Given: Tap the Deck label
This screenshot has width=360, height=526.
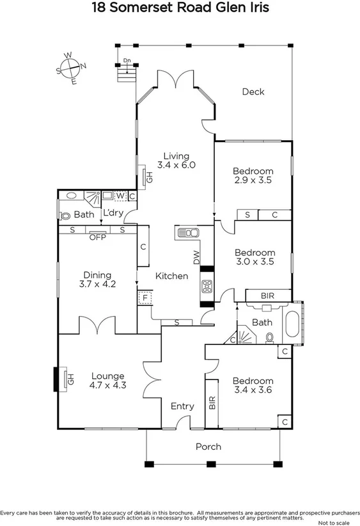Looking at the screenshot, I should [x=253, y=92].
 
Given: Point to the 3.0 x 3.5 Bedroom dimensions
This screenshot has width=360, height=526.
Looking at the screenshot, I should [x=254, y=262].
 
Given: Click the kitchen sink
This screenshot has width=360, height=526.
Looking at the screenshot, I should [x=186, y=233].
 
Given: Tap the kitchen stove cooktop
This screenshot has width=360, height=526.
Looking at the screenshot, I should [x=207, y=287].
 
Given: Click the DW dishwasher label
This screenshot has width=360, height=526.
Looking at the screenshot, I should [x=197, y=257].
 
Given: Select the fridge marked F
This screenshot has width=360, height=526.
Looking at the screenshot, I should [x=145, y=298].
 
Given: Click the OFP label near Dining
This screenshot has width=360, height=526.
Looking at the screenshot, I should [x=97, y=237].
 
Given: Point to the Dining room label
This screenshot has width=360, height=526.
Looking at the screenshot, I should [x=97, y=275].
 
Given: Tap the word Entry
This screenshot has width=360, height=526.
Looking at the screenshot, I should [x=182, y=406].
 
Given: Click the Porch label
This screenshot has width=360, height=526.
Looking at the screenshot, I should [x=208, y=447].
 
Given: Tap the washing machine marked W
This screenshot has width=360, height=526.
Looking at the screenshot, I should [x=120, y=196].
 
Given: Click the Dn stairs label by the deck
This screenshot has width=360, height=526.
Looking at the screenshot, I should [x=127, y=61].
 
